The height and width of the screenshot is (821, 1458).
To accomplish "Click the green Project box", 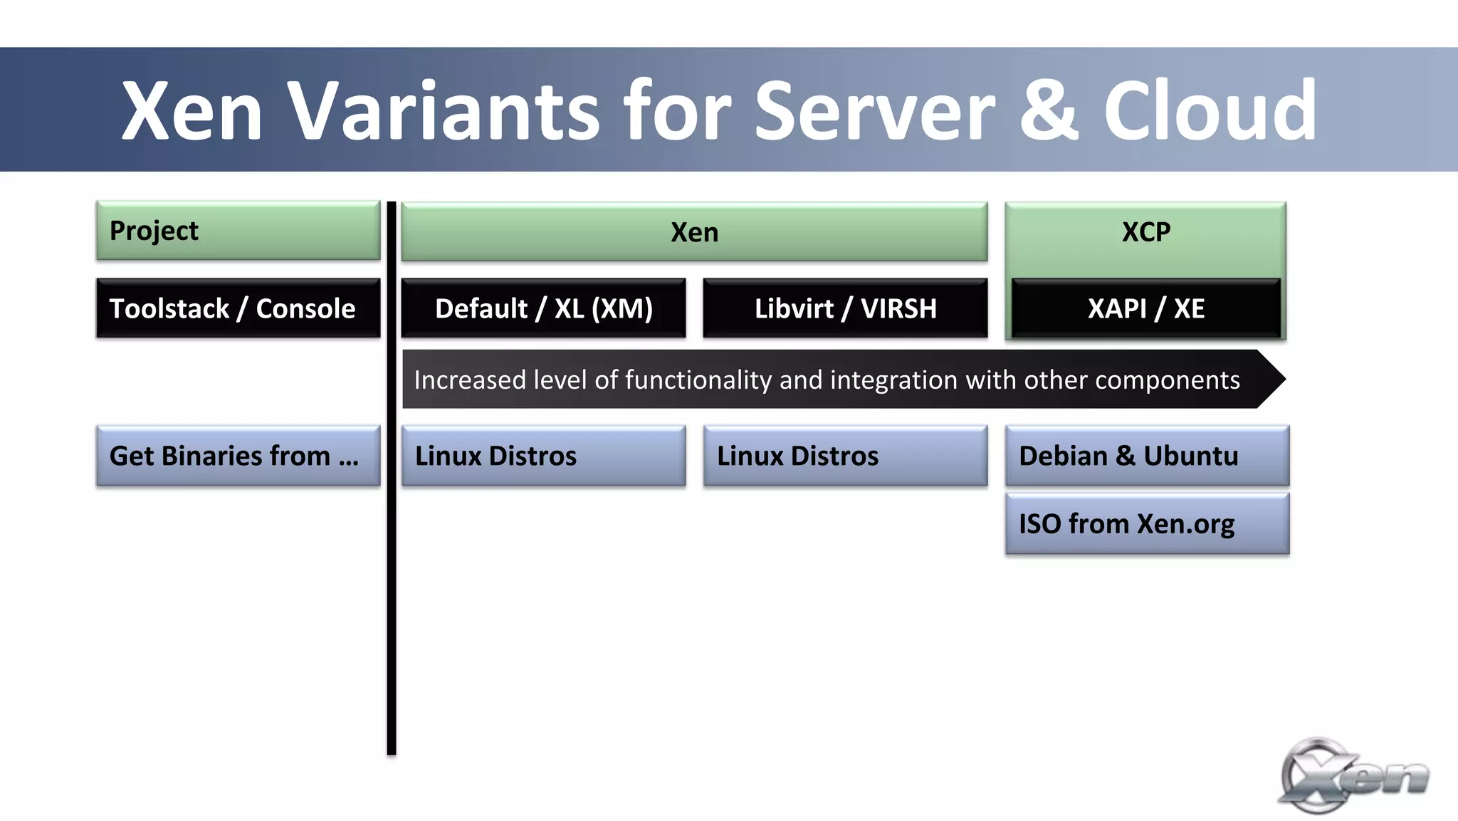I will (238, 231).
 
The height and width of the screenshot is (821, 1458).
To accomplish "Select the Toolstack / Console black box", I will (238, 308).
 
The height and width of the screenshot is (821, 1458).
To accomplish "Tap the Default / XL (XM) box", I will (543, 308).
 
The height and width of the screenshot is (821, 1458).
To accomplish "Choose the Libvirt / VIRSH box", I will (845, 308).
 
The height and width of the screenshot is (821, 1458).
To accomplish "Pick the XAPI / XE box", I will (1145, 308).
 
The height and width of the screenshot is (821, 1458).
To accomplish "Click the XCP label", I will (1145, 232).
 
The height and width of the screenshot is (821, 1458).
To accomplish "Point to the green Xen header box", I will (694, 232).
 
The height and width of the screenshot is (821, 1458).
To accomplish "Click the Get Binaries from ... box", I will (238, 456).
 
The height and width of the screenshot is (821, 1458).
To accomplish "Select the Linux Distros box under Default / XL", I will (543, 456).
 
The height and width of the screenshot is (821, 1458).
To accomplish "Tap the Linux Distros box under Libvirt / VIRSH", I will (845, 456).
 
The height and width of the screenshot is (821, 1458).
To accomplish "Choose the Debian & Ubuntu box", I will (1147, 456).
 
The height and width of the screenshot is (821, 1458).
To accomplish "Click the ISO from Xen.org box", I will (1147, 524).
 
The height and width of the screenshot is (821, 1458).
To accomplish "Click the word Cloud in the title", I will (1210, 110).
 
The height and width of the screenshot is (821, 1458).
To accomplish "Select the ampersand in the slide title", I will (1049, 110).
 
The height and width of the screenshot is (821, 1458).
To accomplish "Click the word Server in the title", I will (874, 110).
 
